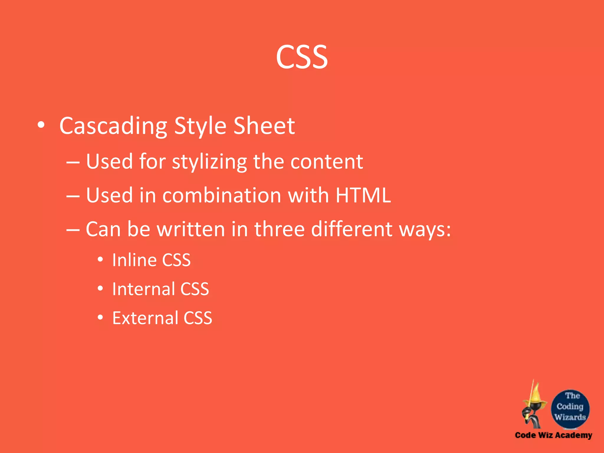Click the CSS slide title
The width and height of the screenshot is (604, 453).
point(302,57)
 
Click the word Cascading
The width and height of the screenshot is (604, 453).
point(113,126)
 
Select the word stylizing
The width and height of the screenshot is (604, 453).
point(209,162)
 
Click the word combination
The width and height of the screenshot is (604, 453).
point(221,196)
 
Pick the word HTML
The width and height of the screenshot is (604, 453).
point(363,195)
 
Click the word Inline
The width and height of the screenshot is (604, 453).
point(134,260)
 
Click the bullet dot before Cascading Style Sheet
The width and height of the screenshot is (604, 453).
point(41,125)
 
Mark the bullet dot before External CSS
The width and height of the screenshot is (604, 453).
point(100,317)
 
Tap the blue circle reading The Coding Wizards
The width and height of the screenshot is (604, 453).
point(570,408)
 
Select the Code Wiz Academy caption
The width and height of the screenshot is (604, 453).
point(553,435)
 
